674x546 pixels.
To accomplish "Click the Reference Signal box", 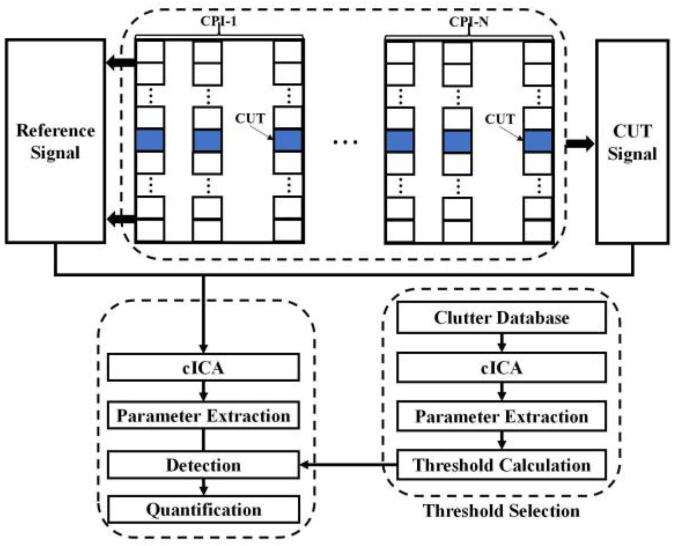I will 55,141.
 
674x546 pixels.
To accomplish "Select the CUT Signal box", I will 632,142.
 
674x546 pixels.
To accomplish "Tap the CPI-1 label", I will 218,21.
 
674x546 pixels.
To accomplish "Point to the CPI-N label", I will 469,22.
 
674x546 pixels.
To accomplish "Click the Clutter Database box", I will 501,318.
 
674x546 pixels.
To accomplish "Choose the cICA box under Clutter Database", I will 501,368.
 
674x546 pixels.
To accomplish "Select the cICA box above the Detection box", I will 203,368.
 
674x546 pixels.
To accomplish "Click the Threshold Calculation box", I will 501,465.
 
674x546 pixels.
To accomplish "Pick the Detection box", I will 203,465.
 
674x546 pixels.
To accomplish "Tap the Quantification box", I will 203,509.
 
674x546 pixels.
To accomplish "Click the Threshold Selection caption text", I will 501,511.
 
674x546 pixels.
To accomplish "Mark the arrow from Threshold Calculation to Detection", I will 347,465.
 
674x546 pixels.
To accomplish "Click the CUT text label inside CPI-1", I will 250,118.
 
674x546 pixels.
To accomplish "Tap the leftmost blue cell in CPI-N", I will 400,141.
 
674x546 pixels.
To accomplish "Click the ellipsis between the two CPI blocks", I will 345,142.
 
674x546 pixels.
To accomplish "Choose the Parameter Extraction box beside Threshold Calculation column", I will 501,417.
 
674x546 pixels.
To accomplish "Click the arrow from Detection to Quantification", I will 203,487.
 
